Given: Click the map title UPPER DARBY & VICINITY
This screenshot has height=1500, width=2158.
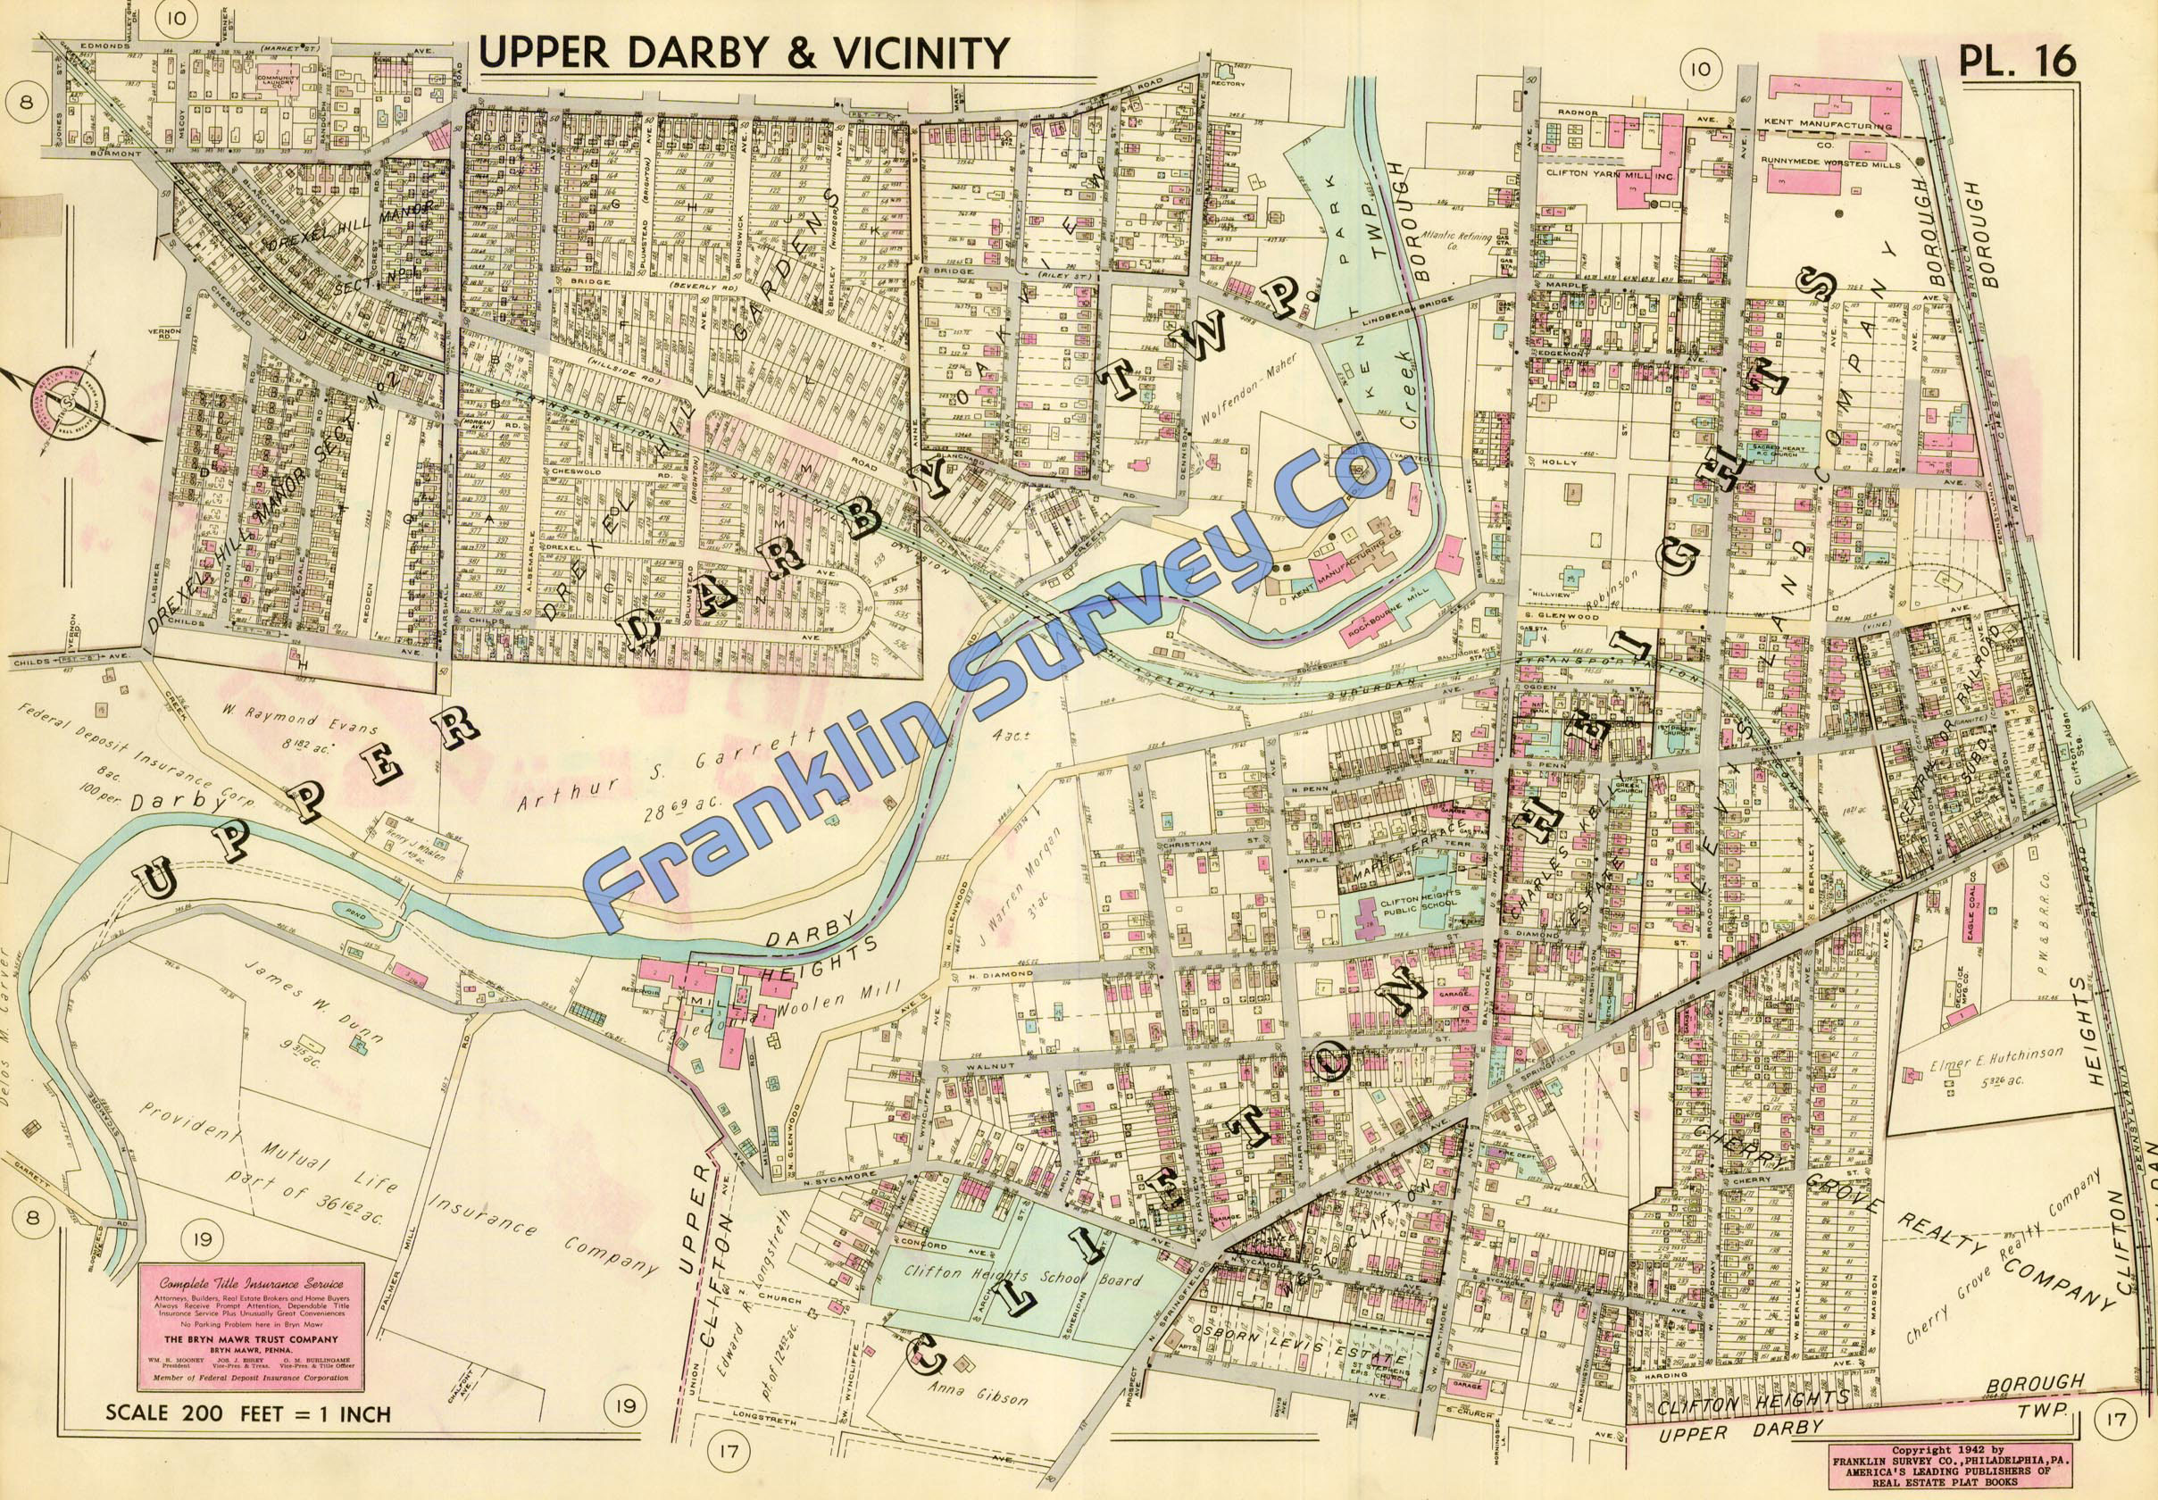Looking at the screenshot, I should coord(743,53).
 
